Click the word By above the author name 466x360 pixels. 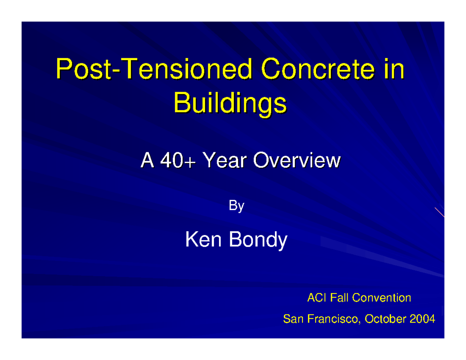[x=236, y=206]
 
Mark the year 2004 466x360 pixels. [x=423, y=320]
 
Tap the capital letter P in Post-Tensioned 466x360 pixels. [x=63, y=71]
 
